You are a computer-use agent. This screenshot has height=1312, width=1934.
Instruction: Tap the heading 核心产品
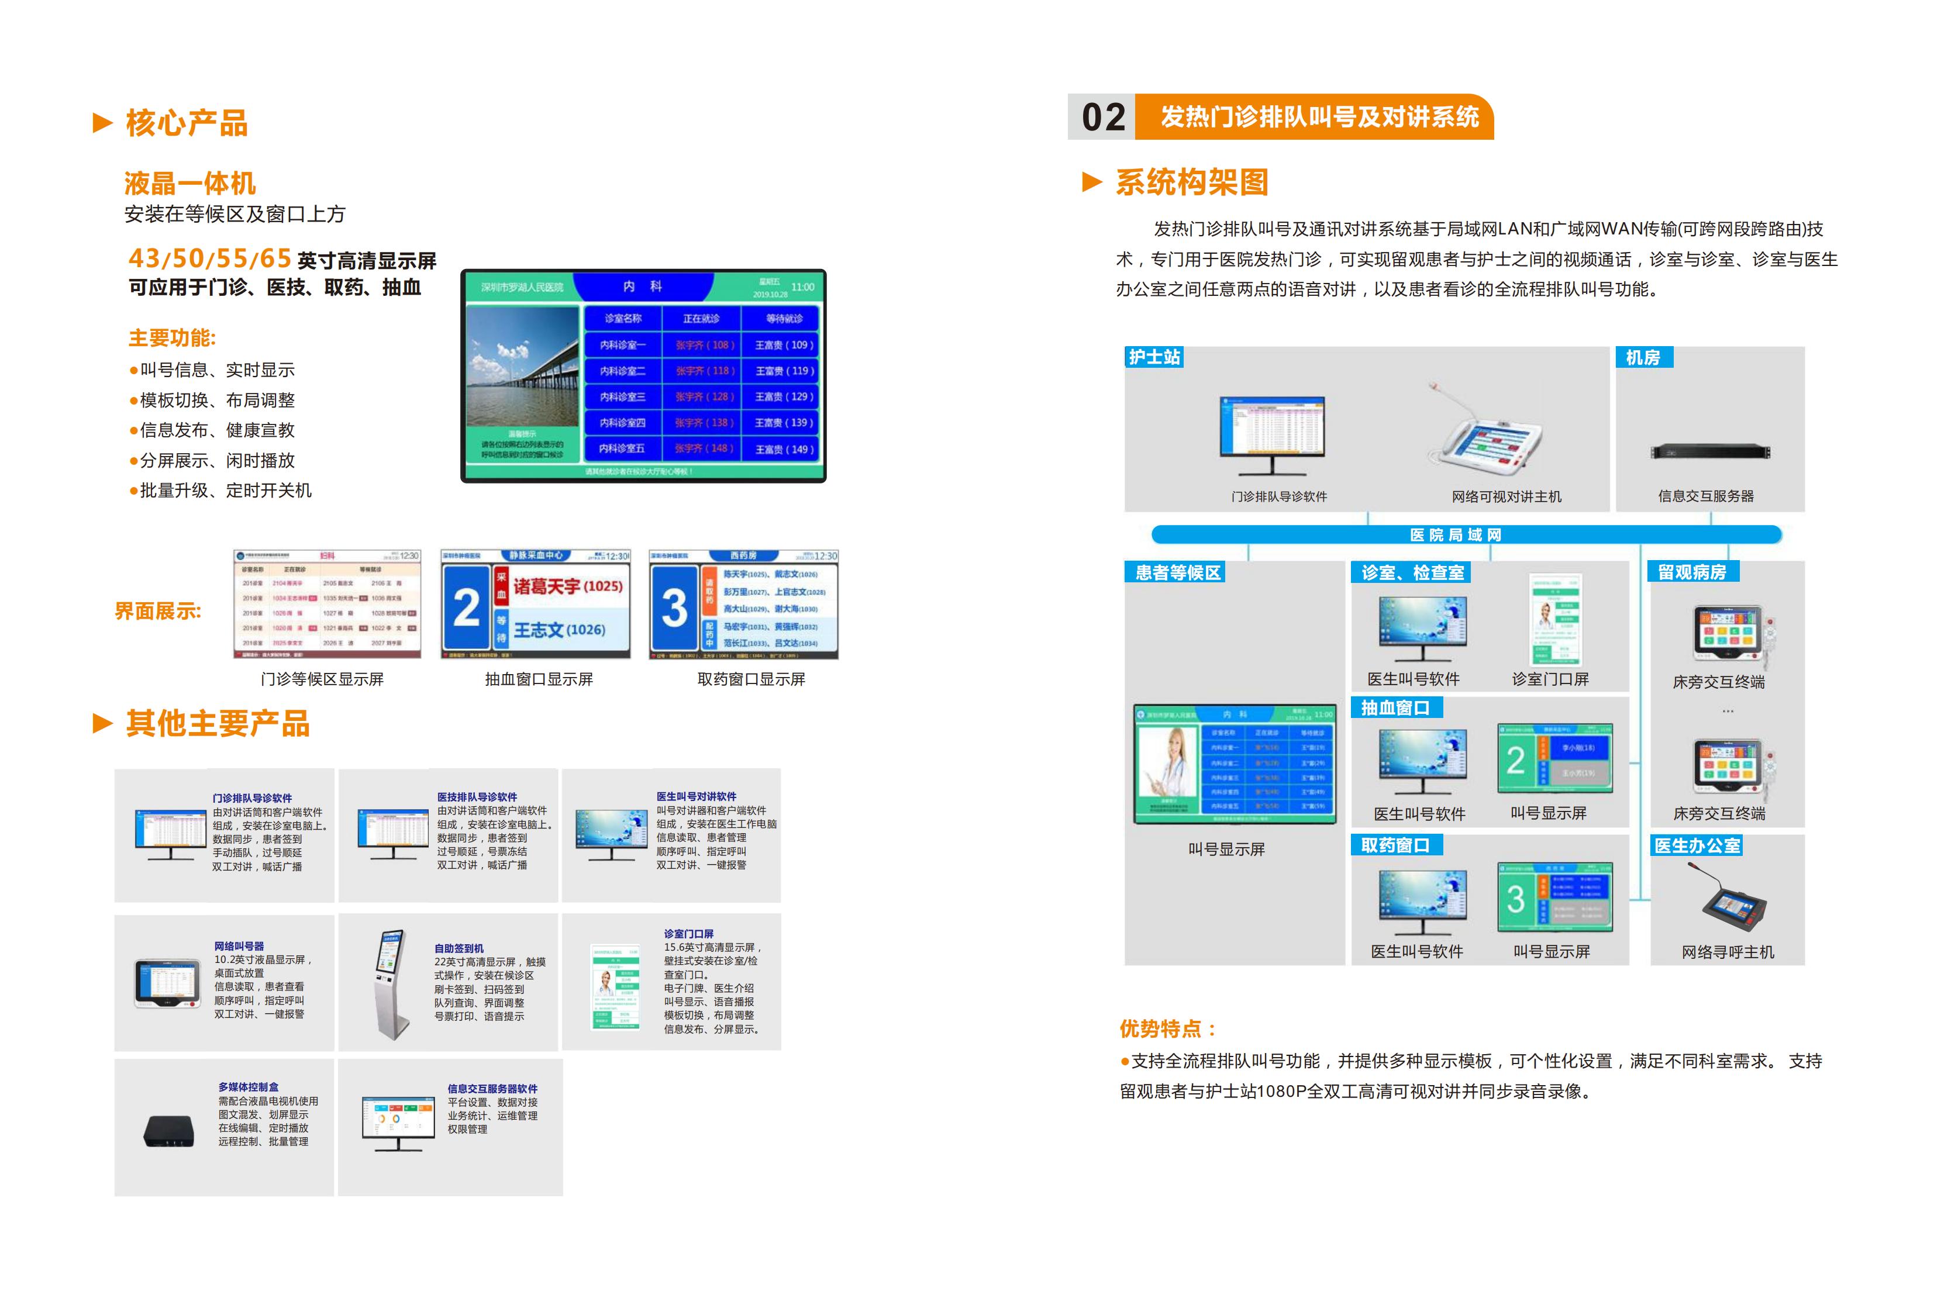point(187,123)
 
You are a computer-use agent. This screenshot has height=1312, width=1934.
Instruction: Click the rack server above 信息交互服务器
point(1710,452)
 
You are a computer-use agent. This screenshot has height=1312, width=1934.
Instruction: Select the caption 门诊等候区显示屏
point(322,679)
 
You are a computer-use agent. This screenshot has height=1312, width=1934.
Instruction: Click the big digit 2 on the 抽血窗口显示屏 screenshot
point(466,607)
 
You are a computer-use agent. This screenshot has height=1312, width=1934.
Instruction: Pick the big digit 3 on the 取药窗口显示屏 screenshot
point(674,607)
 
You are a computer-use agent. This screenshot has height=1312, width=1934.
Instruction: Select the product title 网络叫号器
point(239,946)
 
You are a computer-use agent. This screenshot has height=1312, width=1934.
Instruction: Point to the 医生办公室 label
point(1697,846)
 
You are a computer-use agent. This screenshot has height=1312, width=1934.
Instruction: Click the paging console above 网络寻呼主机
point(1733,903)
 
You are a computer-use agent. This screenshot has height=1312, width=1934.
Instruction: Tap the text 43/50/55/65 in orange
point(210,259)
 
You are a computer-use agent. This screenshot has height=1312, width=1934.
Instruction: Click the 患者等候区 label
point(1178,572)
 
